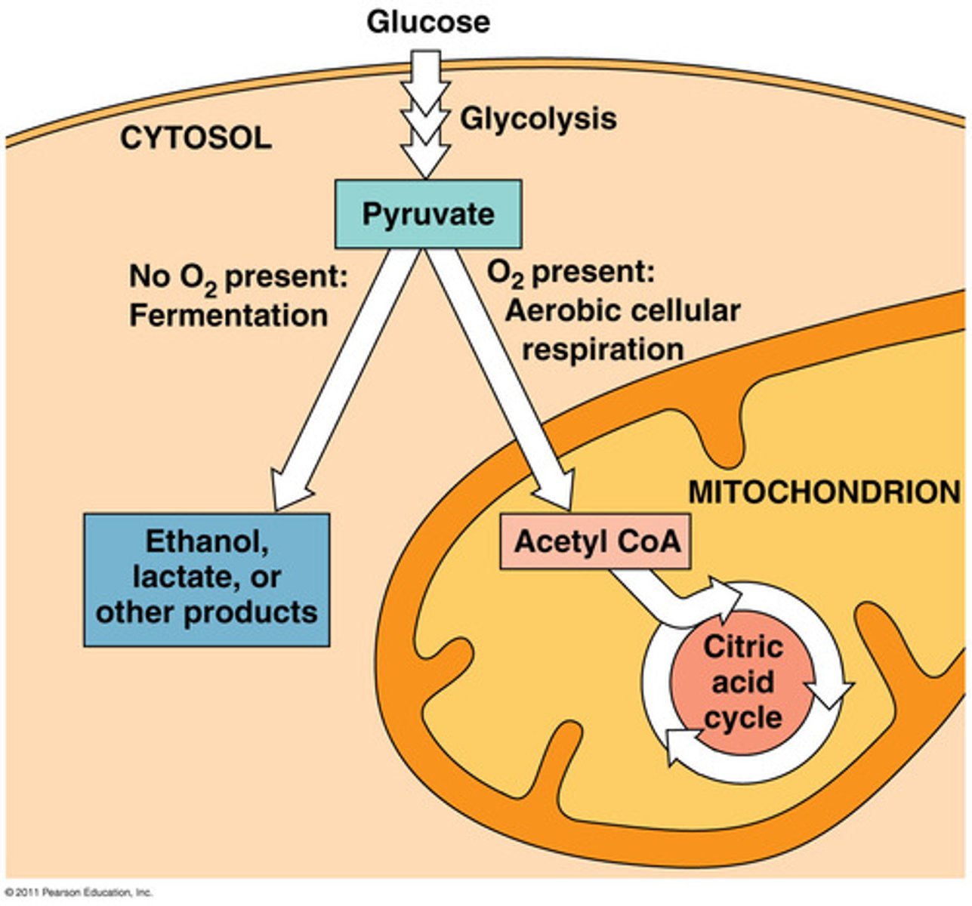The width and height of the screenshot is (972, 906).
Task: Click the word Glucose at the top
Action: pyautogui.click(x=427, y=22)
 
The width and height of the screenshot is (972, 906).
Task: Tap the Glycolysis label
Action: pyautogui.click(x=538, y=119)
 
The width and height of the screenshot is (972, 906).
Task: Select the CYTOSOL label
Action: pyautogui.click(x=196, y=138)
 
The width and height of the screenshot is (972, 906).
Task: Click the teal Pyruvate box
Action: pyautogui.click(x=427, y=214)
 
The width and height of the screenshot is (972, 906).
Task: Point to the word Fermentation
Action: pyautogui.click(x=228, y=315)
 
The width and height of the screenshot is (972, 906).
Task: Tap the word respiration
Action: pyautogui.click(x=603, y=350)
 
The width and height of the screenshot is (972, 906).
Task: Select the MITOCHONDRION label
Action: pyautogui.click(x=823, y=492)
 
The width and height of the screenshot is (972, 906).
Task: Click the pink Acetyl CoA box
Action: pyautogui.click(x=595, y=542)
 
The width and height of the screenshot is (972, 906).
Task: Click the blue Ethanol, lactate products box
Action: pyautogui.click(x=206, y=580)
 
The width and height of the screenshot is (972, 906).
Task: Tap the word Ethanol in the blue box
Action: pyautogui.click(x=207, y=541)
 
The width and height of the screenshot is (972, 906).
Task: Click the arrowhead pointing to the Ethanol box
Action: pyautogui.click(x=290, y=491)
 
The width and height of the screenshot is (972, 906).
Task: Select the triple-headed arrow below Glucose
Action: pyautogui.click(x=426, y=113)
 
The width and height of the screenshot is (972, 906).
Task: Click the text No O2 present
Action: pyautogui.click(x=238, y=277)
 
